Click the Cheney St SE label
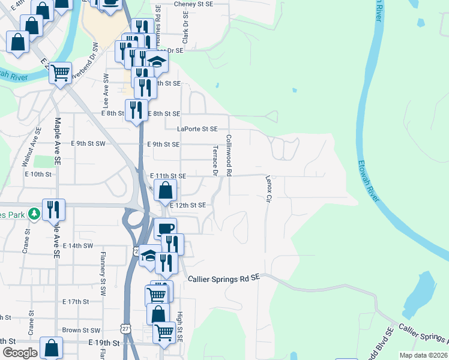[x=193, y=4]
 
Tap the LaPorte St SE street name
[x=197, y=128]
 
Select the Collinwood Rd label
[x=229, y=155]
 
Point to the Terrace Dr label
[x=214, y=160]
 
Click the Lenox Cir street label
[x=268, y=188]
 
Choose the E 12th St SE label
[x=188, y=205]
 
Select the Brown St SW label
[x=81, y=330]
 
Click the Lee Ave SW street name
[x=106, y=86]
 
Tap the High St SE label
[x=179, y=324]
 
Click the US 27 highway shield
[x=124, y=329]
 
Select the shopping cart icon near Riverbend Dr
[x=60, y=73]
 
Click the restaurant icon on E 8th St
[x=136, y=110]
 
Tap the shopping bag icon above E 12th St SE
[x=165, y=191]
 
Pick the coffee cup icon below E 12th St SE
[x=165, y=228]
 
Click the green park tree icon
[x=35, y=213]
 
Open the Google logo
[x=20, y=353]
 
